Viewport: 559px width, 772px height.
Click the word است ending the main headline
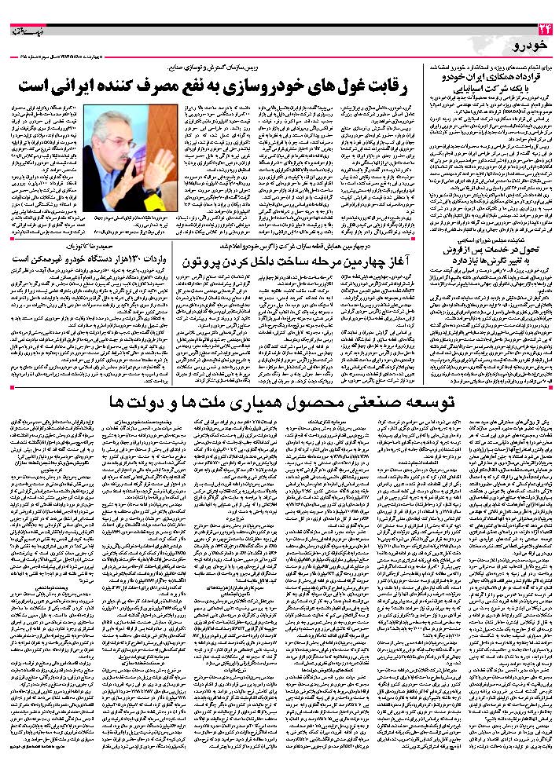pyautogui.click(x=33, y=82)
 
